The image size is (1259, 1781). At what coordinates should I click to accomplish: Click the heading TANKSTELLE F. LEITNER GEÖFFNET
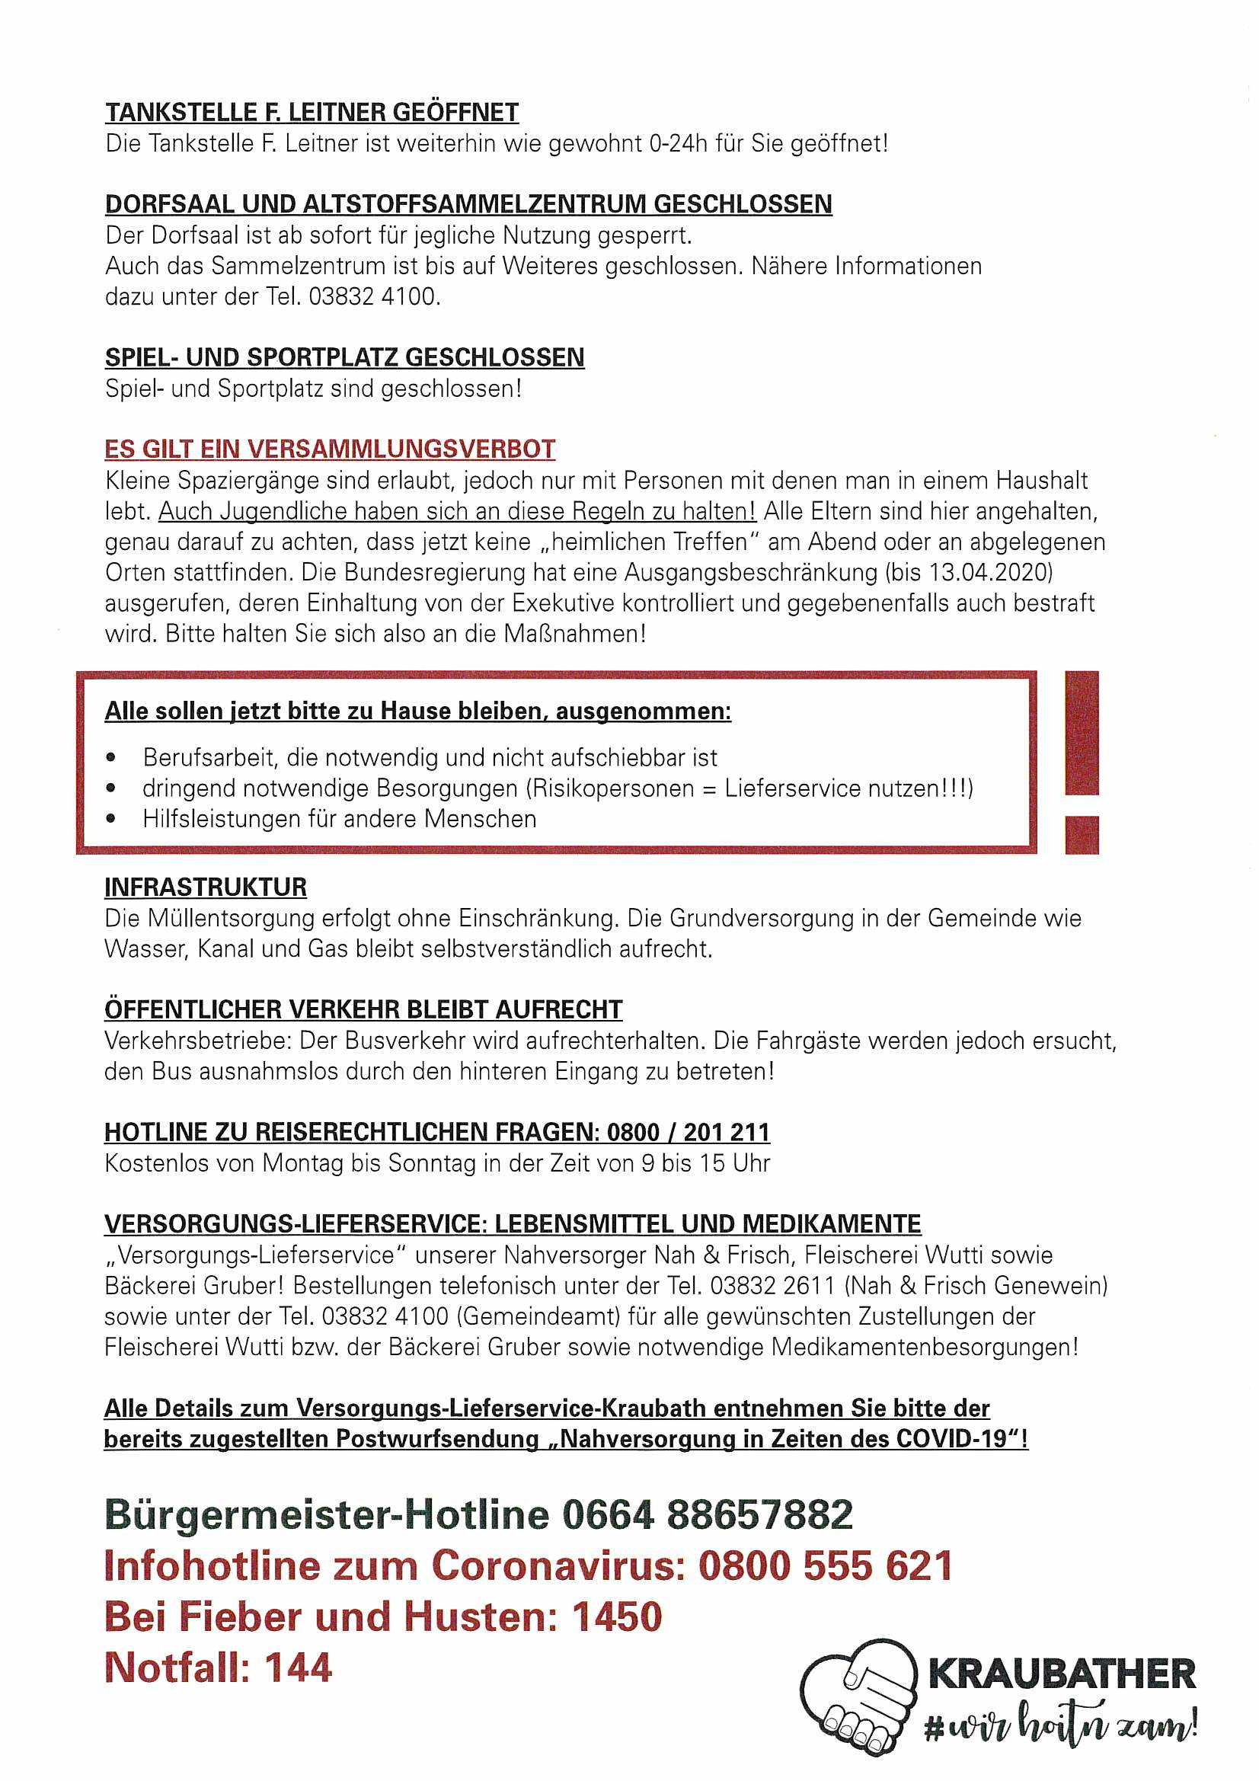(312, 113)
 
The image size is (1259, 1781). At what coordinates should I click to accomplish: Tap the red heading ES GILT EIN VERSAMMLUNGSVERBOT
(331, 449)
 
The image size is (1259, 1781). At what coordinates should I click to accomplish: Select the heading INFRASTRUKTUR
(206, 887)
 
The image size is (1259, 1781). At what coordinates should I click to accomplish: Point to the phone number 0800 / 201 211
(688, 1132)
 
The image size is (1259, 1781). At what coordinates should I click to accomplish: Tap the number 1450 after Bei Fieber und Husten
(618, 1616)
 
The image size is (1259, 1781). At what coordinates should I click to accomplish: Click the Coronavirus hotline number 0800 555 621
(826, 1565)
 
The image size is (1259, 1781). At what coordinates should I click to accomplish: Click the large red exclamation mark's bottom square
(1082, 835)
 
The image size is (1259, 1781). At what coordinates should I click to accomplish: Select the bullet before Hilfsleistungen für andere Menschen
(113, 819)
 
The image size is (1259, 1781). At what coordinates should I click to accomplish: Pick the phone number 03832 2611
(773, 1285)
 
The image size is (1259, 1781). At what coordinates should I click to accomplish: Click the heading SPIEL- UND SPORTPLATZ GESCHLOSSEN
(344, 357)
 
